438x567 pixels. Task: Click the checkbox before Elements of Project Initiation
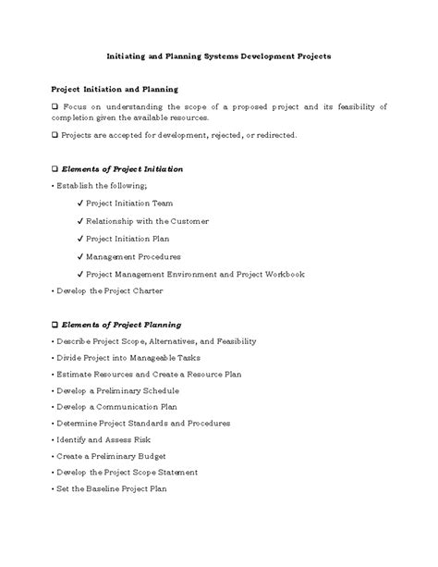pos(54,169)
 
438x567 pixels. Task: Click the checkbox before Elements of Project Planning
pos(54,325)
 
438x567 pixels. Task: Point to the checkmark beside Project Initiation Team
pos(80,203)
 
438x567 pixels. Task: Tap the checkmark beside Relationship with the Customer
pos(80,221)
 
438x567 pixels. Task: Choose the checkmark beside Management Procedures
pos(80,256)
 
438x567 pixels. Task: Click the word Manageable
pos(150,358)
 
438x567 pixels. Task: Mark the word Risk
pos(141,439)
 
